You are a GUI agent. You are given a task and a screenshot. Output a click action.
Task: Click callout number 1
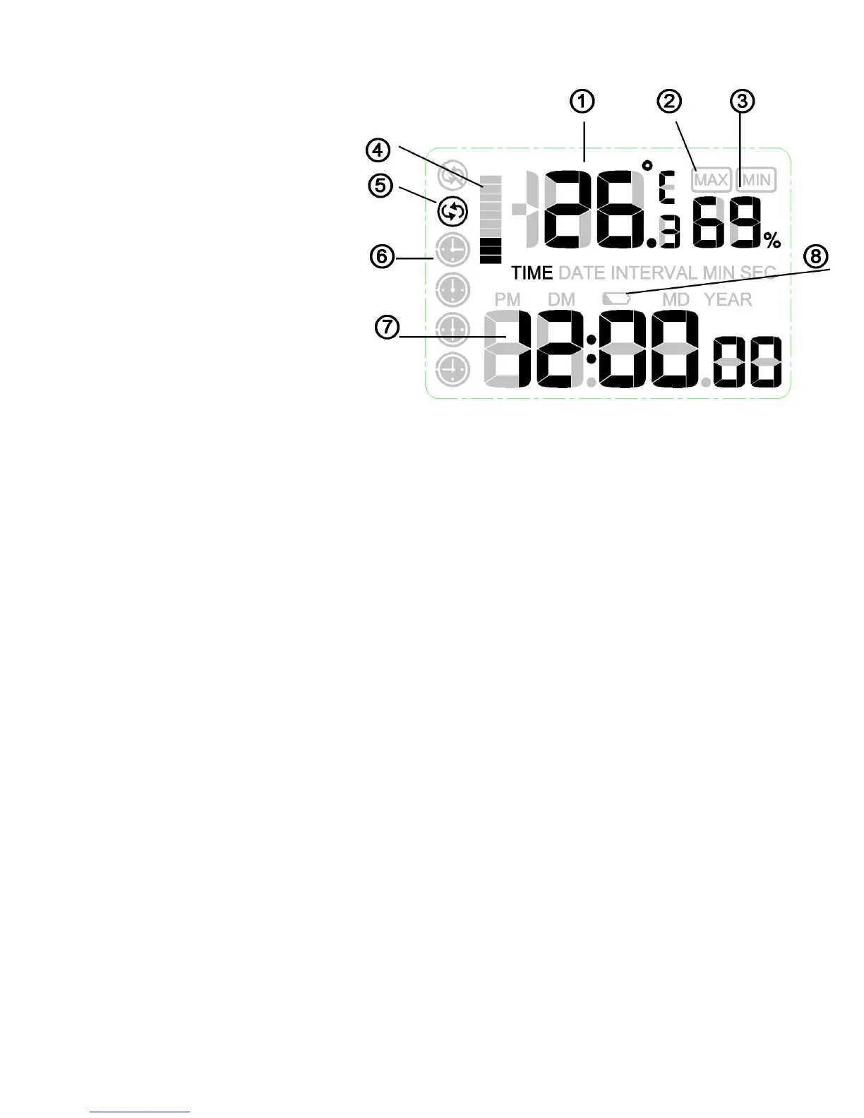[x=582, y=102]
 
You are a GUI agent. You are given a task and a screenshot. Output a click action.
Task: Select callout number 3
[x=741, y=102]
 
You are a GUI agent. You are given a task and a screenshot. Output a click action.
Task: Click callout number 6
[x=382, y=256]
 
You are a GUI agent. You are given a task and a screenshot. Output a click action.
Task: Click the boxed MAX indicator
[x=711, y=180]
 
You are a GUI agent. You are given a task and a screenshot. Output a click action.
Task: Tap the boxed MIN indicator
[x=756, y=180]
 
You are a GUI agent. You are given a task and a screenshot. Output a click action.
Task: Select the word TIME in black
[x=532, y=273]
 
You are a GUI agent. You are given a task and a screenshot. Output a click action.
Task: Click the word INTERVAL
[x=654, y=273]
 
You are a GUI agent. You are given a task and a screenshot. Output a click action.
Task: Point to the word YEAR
[x=728, y=299]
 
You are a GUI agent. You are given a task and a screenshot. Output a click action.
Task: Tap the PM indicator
[x=508, y=299]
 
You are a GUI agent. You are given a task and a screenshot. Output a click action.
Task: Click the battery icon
[x=616, y=299]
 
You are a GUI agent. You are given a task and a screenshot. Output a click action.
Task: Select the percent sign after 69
[x=772, y=241]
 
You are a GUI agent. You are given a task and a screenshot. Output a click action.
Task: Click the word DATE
[x=582, y=273]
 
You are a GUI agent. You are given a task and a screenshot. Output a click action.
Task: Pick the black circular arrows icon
[x=452, y=210]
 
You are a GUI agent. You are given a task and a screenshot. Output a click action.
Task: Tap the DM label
[x=561, y=299]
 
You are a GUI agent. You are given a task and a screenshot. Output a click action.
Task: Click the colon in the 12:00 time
[x=592, y=351]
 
